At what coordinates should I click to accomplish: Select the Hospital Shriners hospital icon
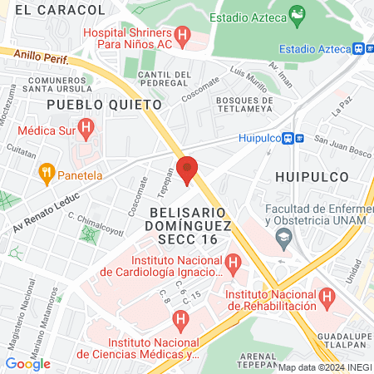click(184, 36)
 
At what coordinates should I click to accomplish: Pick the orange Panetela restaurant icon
click(47, 175)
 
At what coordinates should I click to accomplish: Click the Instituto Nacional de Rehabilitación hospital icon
click(327, 295)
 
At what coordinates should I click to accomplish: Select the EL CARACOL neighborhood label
click(61, 10)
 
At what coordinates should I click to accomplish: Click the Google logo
click(28, 363)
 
